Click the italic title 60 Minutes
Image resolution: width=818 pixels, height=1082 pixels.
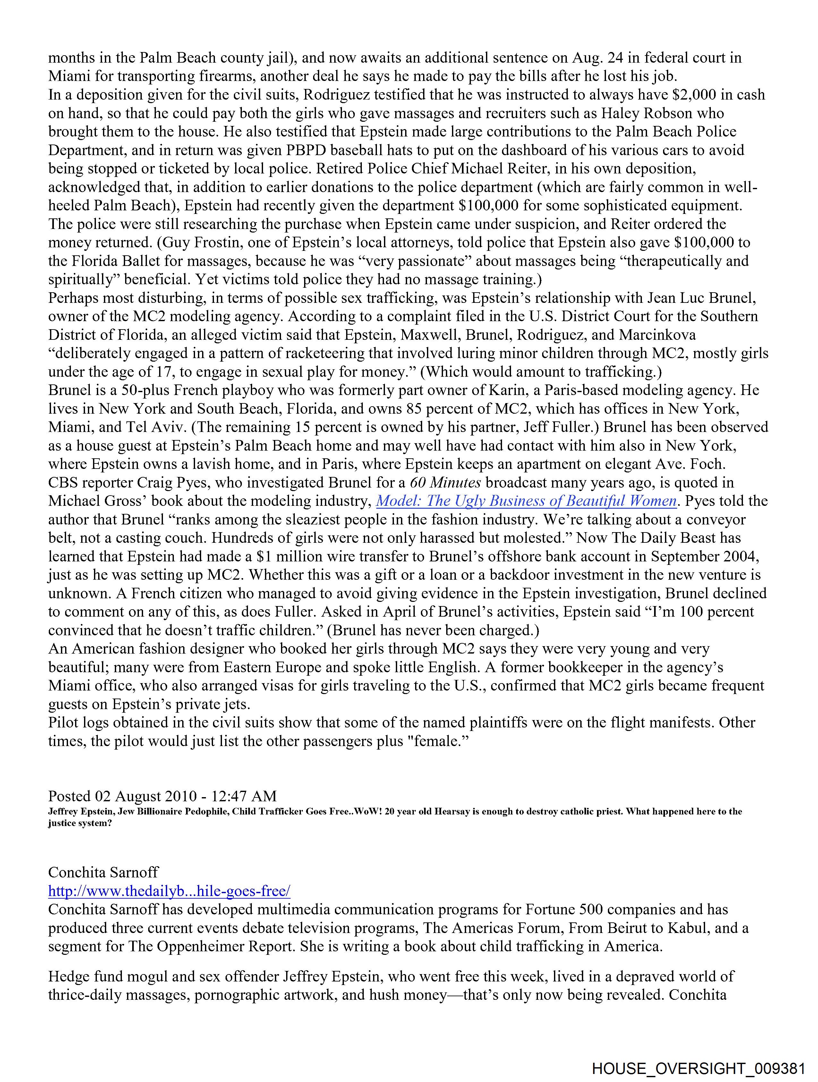point(445,483)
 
